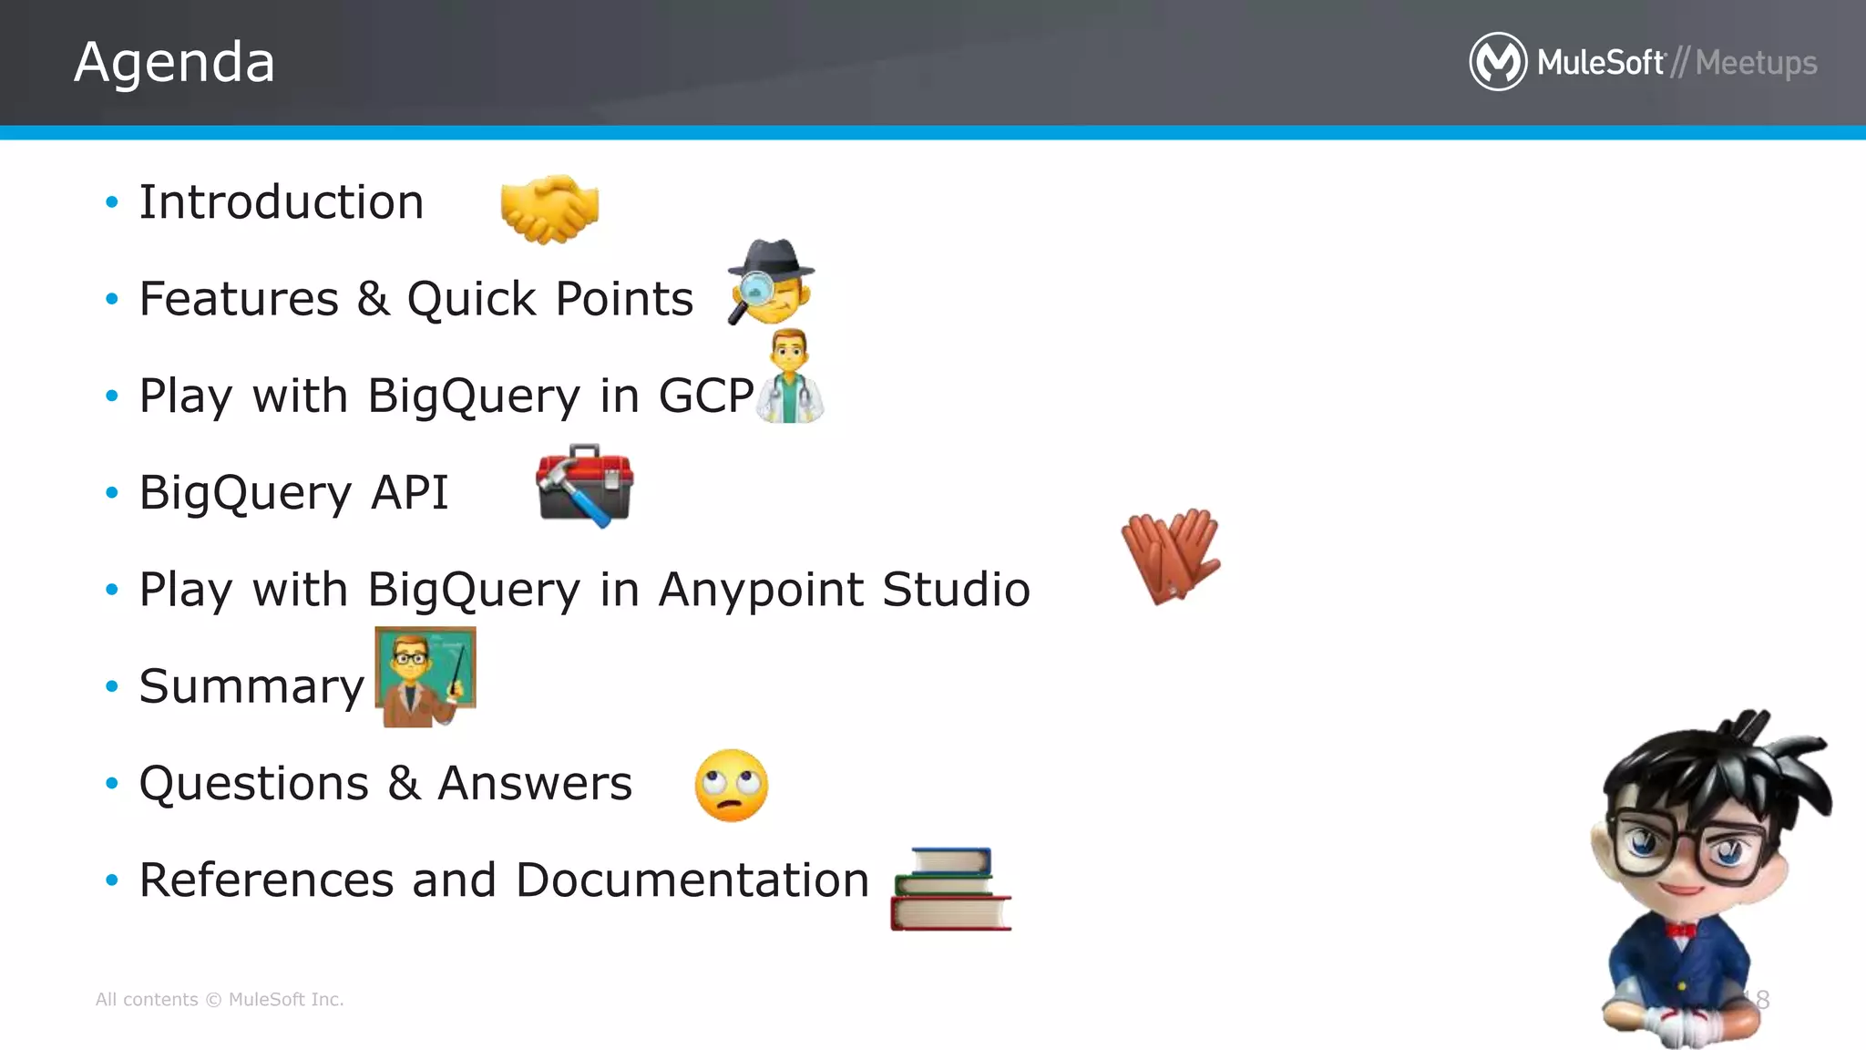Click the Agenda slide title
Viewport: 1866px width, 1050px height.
tap(174, 62)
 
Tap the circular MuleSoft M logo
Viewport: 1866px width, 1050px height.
tap(1497, 62)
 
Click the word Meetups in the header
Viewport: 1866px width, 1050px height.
tap(1756, 63)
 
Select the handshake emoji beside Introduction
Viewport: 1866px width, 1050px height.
tap(549, 208)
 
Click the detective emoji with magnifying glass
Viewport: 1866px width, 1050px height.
tap(771, 283)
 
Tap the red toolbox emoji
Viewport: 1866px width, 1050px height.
tap(585, 485)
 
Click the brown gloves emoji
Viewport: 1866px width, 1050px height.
tap(1171, 555)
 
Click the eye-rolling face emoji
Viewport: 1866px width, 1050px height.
tap(731, 786)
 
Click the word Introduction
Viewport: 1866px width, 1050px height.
tap(282, 202)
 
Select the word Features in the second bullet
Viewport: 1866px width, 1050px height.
tap(239, 299)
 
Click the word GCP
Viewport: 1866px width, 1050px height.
tap(706, 396)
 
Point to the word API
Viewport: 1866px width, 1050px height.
tap(409, 493)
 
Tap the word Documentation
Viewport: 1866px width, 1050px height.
tap(692, 880)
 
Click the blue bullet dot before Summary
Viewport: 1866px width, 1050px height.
tap(112, 686)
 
